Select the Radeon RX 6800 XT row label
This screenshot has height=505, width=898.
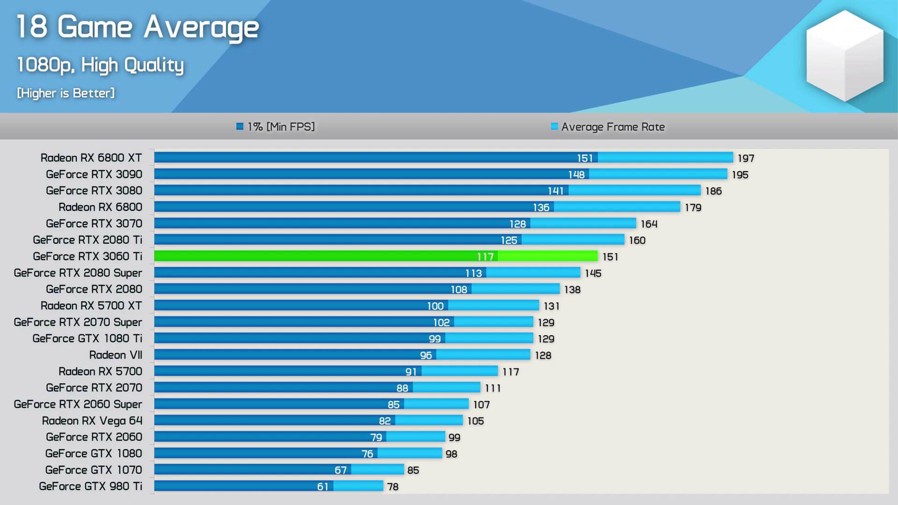tap(91, 158)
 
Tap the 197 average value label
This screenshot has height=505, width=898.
tap(746, 159)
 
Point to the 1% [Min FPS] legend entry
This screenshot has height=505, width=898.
tap(276, 127)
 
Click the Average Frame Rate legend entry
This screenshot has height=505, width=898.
tap(608, 127)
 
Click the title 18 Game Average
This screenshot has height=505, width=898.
tap(138, 27)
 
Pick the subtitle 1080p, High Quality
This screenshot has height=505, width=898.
tap(100, 65)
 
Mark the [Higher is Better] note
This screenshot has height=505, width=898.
tap(65, 93)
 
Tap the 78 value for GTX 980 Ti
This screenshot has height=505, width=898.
tap(393, 487)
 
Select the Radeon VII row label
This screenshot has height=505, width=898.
tap(116, 355)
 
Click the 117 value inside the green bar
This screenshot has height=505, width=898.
tap(485, 257)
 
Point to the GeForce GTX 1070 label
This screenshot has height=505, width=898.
tap(94, 470)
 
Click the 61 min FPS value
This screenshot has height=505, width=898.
tap(322, 487)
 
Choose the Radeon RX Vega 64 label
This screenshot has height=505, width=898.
tap(92, 421)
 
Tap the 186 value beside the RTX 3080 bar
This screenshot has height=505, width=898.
tap(713, 191)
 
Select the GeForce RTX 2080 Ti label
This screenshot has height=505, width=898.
tap(87, 240)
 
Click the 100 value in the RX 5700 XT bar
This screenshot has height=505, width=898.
tap(435, 306)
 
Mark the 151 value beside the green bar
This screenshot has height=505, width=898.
tap(610, 257)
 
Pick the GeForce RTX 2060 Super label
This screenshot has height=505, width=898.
tap(78, 404)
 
